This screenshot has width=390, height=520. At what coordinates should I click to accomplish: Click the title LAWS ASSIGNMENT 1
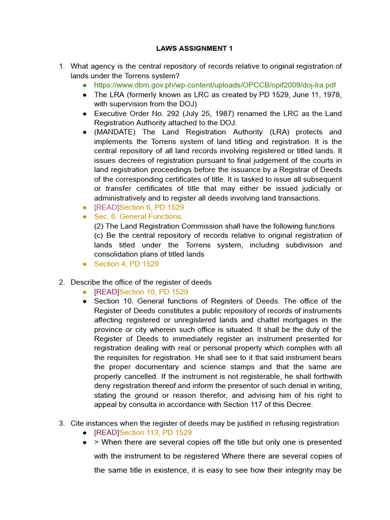pos(194,49)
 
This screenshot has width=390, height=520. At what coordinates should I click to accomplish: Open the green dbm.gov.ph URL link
pos(215,85)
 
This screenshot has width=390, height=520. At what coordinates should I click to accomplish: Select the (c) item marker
pos(100,235)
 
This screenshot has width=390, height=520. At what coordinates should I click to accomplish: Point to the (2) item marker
pos(100,226)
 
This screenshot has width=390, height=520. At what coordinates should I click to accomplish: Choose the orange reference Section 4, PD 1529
pos(126,264)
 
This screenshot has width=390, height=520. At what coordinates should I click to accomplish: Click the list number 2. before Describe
pos(61,282)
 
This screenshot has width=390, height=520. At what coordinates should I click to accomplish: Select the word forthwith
pos(327,376)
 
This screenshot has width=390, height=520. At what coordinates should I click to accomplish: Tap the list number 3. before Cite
pos(61,424)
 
